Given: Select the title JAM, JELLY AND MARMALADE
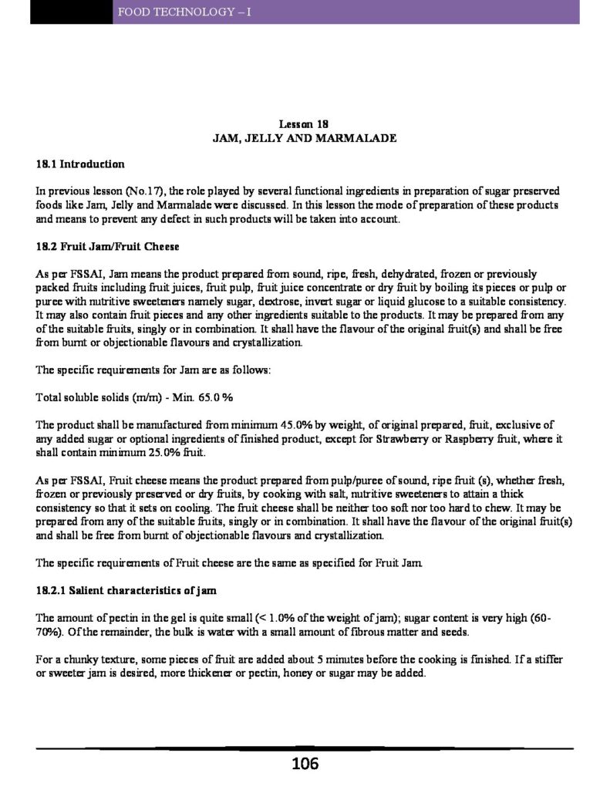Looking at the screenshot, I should (x=305, y=139).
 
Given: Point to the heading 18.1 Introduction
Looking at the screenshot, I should (x=80, y=164).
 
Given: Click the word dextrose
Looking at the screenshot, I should (x=265, y=300).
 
